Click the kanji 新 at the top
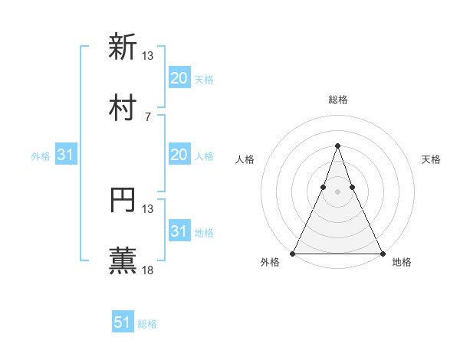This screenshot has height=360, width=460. [123, 47]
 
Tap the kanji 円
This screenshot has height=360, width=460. [123, 200]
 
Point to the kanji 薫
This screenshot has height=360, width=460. [123, 261]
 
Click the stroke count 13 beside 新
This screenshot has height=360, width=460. [148, 55]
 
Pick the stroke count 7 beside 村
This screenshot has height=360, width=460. [147, 116]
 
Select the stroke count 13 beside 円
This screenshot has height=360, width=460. [148, 208]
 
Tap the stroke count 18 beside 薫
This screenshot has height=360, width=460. [148, 270]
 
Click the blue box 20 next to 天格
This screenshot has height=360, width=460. [179, 78]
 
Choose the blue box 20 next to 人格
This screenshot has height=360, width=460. [179, 155]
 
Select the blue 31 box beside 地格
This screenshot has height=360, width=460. [179, 231]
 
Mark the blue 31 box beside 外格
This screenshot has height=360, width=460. [66, 155]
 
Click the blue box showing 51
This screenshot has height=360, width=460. [123, 322]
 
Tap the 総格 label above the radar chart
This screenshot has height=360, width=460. [337, 100]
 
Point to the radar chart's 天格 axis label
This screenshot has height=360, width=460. [431, 159]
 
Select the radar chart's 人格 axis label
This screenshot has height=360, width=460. [245, 159]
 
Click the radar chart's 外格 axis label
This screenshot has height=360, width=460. [270, 263]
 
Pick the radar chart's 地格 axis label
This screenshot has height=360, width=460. [402, 263]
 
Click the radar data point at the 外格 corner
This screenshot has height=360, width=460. [293, 253]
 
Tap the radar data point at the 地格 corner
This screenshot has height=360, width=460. [382, 253]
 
